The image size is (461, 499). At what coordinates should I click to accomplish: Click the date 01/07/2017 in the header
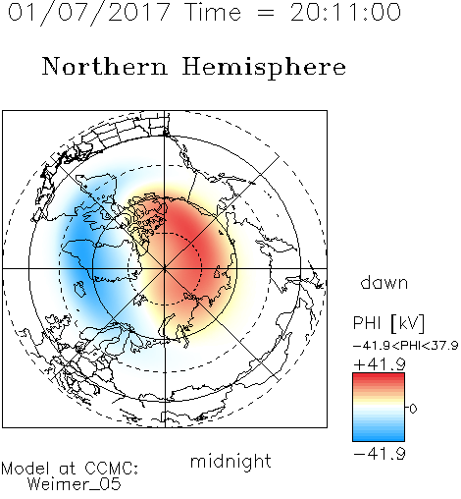coord(88,13)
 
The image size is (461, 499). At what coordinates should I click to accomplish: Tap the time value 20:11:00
coord(345,13)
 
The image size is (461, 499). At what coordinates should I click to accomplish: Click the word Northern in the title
coord(105,67)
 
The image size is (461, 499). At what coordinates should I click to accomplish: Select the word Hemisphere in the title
coord(264,68)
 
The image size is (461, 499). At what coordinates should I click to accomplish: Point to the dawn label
coord(384,282)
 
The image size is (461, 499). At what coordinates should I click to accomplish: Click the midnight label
coord(230,461)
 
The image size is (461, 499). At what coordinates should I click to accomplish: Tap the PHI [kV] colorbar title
coord(388,323)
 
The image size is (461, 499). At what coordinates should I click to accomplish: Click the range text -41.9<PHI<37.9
coord(405,346)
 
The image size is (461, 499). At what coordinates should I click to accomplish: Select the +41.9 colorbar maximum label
coord(380,364)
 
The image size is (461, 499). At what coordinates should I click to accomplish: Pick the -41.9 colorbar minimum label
coord(380,454)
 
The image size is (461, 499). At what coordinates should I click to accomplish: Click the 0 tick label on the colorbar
coord(413,409)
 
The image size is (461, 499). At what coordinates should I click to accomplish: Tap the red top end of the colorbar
coord(379,376)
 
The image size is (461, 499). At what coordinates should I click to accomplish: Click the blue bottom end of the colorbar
coord(379,438)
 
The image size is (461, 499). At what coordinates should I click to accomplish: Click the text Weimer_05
coord(75,484)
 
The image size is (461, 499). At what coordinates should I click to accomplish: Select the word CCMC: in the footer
coord(111,469)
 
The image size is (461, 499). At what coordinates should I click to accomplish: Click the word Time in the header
coord(213,13)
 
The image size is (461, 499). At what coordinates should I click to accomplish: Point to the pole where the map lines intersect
coord(165,268)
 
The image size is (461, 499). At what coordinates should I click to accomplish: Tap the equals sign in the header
coord(265,13)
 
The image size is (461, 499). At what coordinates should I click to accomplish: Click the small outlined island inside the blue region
coord(79,289)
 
